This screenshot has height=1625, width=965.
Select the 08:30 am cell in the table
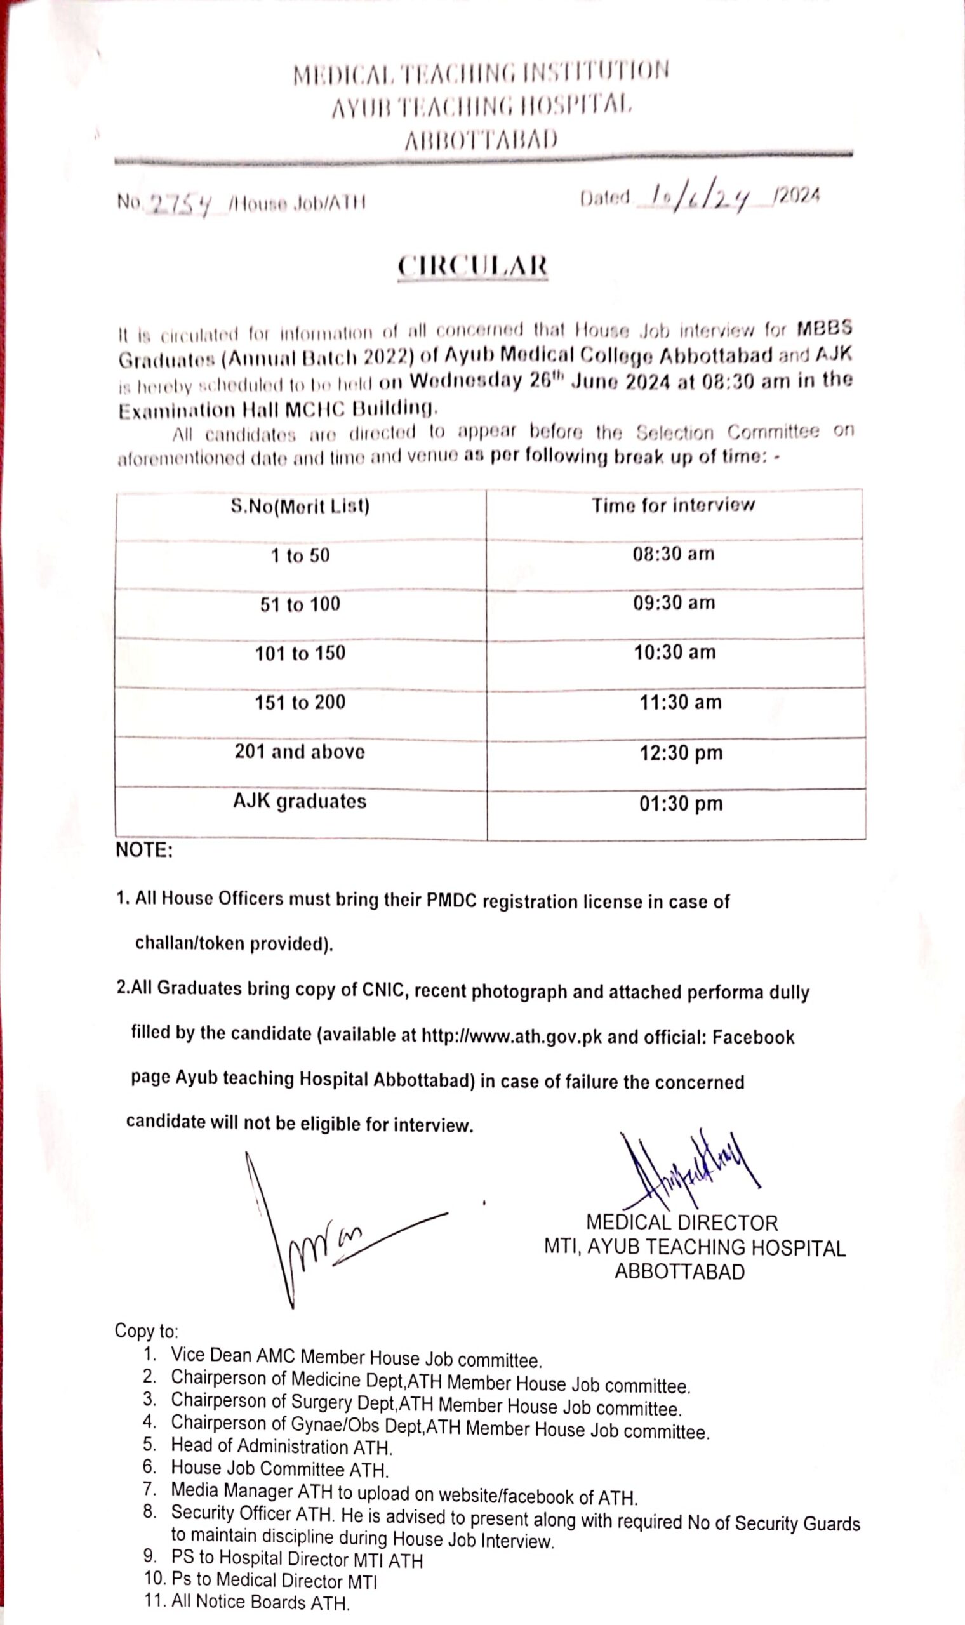coord(674,554)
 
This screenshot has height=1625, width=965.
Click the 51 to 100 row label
coord(300,604)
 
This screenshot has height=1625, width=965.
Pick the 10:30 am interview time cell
coord(674,653)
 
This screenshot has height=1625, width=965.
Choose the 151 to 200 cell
coord(300,703)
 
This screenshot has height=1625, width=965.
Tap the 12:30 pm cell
coord(681,753)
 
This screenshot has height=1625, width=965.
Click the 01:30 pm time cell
coord(681,804)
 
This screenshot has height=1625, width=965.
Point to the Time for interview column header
coord(673,505)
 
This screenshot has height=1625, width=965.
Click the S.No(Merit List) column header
coord(300,506)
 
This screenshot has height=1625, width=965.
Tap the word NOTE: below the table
coord(143,850)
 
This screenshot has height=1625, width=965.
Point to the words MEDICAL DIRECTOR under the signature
coord(681,1223)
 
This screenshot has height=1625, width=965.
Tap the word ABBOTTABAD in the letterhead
coord(481,139)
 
